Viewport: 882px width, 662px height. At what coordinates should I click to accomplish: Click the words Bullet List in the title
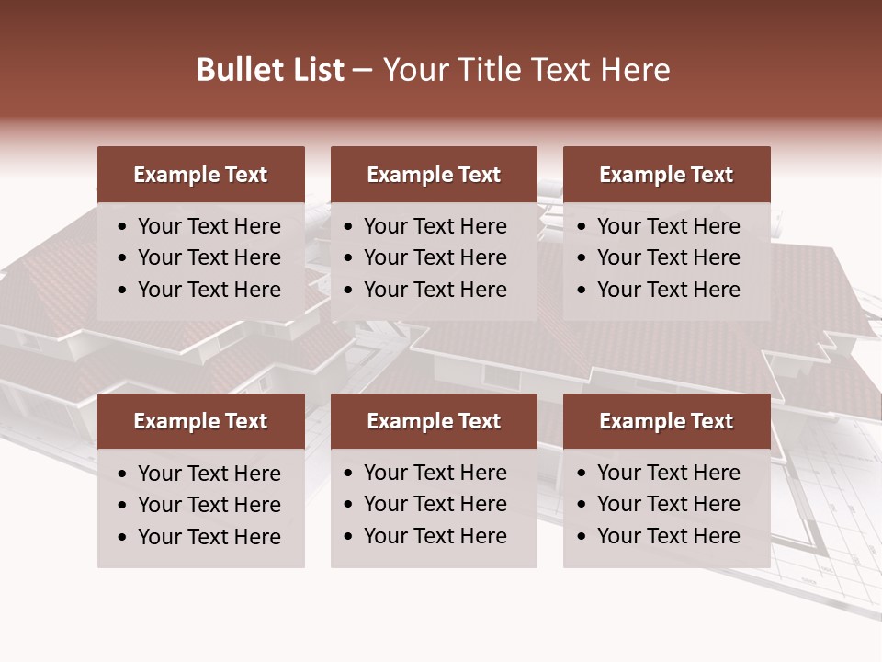pos(270,70)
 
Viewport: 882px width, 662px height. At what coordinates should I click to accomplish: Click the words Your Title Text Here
pos(526,70)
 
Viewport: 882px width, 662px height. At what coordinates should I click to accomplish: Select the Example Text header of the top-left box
pos(200,175)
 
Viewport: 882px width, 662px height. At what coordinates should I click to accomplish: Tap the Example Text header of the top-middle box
pos(434,175)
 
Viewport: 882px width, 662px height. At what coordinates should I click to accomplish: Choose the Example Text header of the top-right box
pos(666,175)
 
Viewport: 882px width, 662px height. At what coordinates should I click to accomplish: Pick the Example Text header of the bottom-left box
pos(200,421)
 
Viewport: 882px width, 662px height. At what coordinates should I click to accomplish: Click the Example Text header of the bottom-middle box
pos(434,421)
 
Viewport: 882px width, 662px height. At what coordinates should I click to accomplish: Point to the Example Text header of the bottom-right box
pos(666,421)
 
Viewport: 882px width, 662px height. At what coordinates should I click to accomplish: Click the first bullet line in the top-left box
pos(209,226)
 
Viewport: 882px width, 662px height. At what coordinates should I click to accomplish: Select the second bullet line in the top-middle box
pos(435,257)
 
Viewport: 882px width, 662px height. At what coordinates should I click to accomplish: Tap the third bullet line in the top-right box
pos(668,290)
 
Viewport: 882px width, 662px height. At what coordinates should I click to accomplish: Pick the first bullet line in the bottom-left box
pos(209,474)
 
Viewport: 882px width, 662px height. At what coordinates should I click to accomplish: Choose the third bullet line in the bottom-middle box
pos(435,536)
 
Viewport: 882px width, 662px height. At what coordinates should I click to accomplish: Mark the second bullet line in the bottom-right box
pos(668,504)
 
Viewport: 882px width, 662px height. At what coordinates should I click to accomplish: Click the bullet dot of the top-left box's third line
pos(123,291)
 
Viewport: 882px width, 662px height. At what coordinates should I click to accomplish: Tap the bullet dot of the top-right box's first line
pos(582,227)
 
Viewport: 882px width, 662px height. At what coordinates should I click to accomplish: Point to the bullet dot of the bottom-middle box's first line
pos(349,474)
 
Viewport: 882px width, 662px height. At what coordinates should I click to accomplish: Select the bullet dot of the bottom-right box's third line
pos(582,537)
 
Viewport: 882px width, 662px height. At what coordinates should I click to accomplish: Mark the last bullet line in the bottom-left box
pos(209,537)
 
